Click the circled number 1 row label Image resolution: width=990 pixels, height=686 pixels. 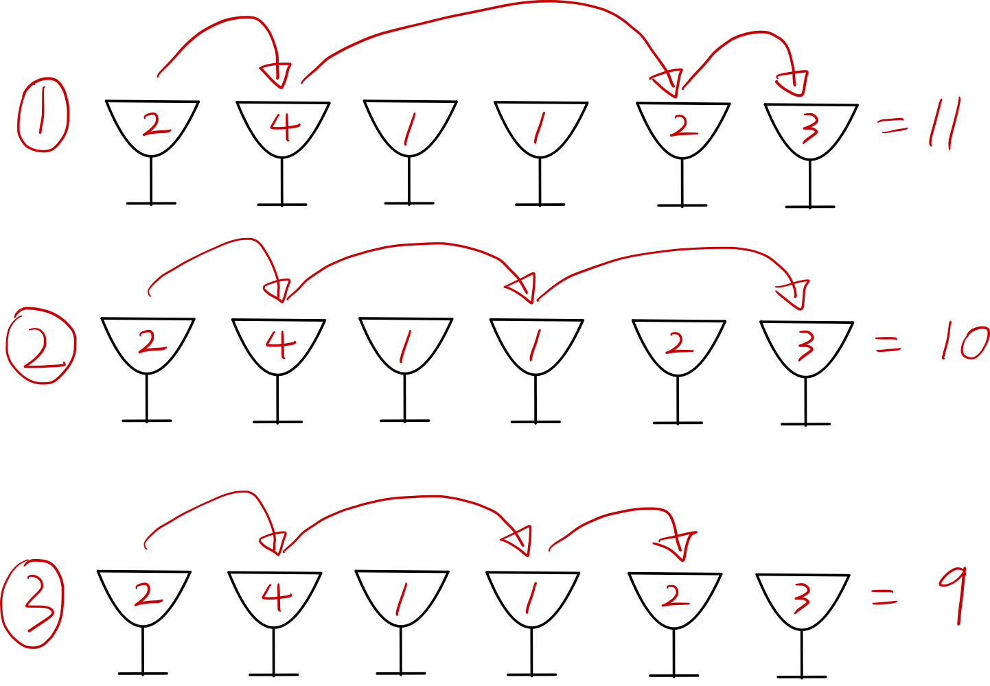[43, 115]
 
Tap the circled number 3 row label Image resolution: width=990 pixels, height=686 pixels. [32, 604]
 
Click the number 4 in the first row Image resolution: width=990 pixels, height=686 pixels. [284, 127]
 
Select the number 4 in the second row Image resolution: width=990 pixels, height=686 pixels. [280, 344]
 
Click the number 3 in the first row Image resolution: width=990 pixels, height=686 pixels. [810, 128]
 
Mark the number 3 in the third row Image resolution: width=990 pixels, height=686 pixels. [801, 598]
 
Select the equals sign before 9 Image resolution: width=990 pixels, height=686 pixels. [884, 599]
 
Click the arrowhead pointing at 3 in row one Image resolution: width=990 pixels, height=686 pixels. [792, 83]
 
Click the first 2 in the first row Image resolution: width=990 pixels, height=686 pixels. [156, 125]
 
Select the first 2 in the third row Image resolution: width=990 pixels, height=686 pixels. [148, 595]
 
